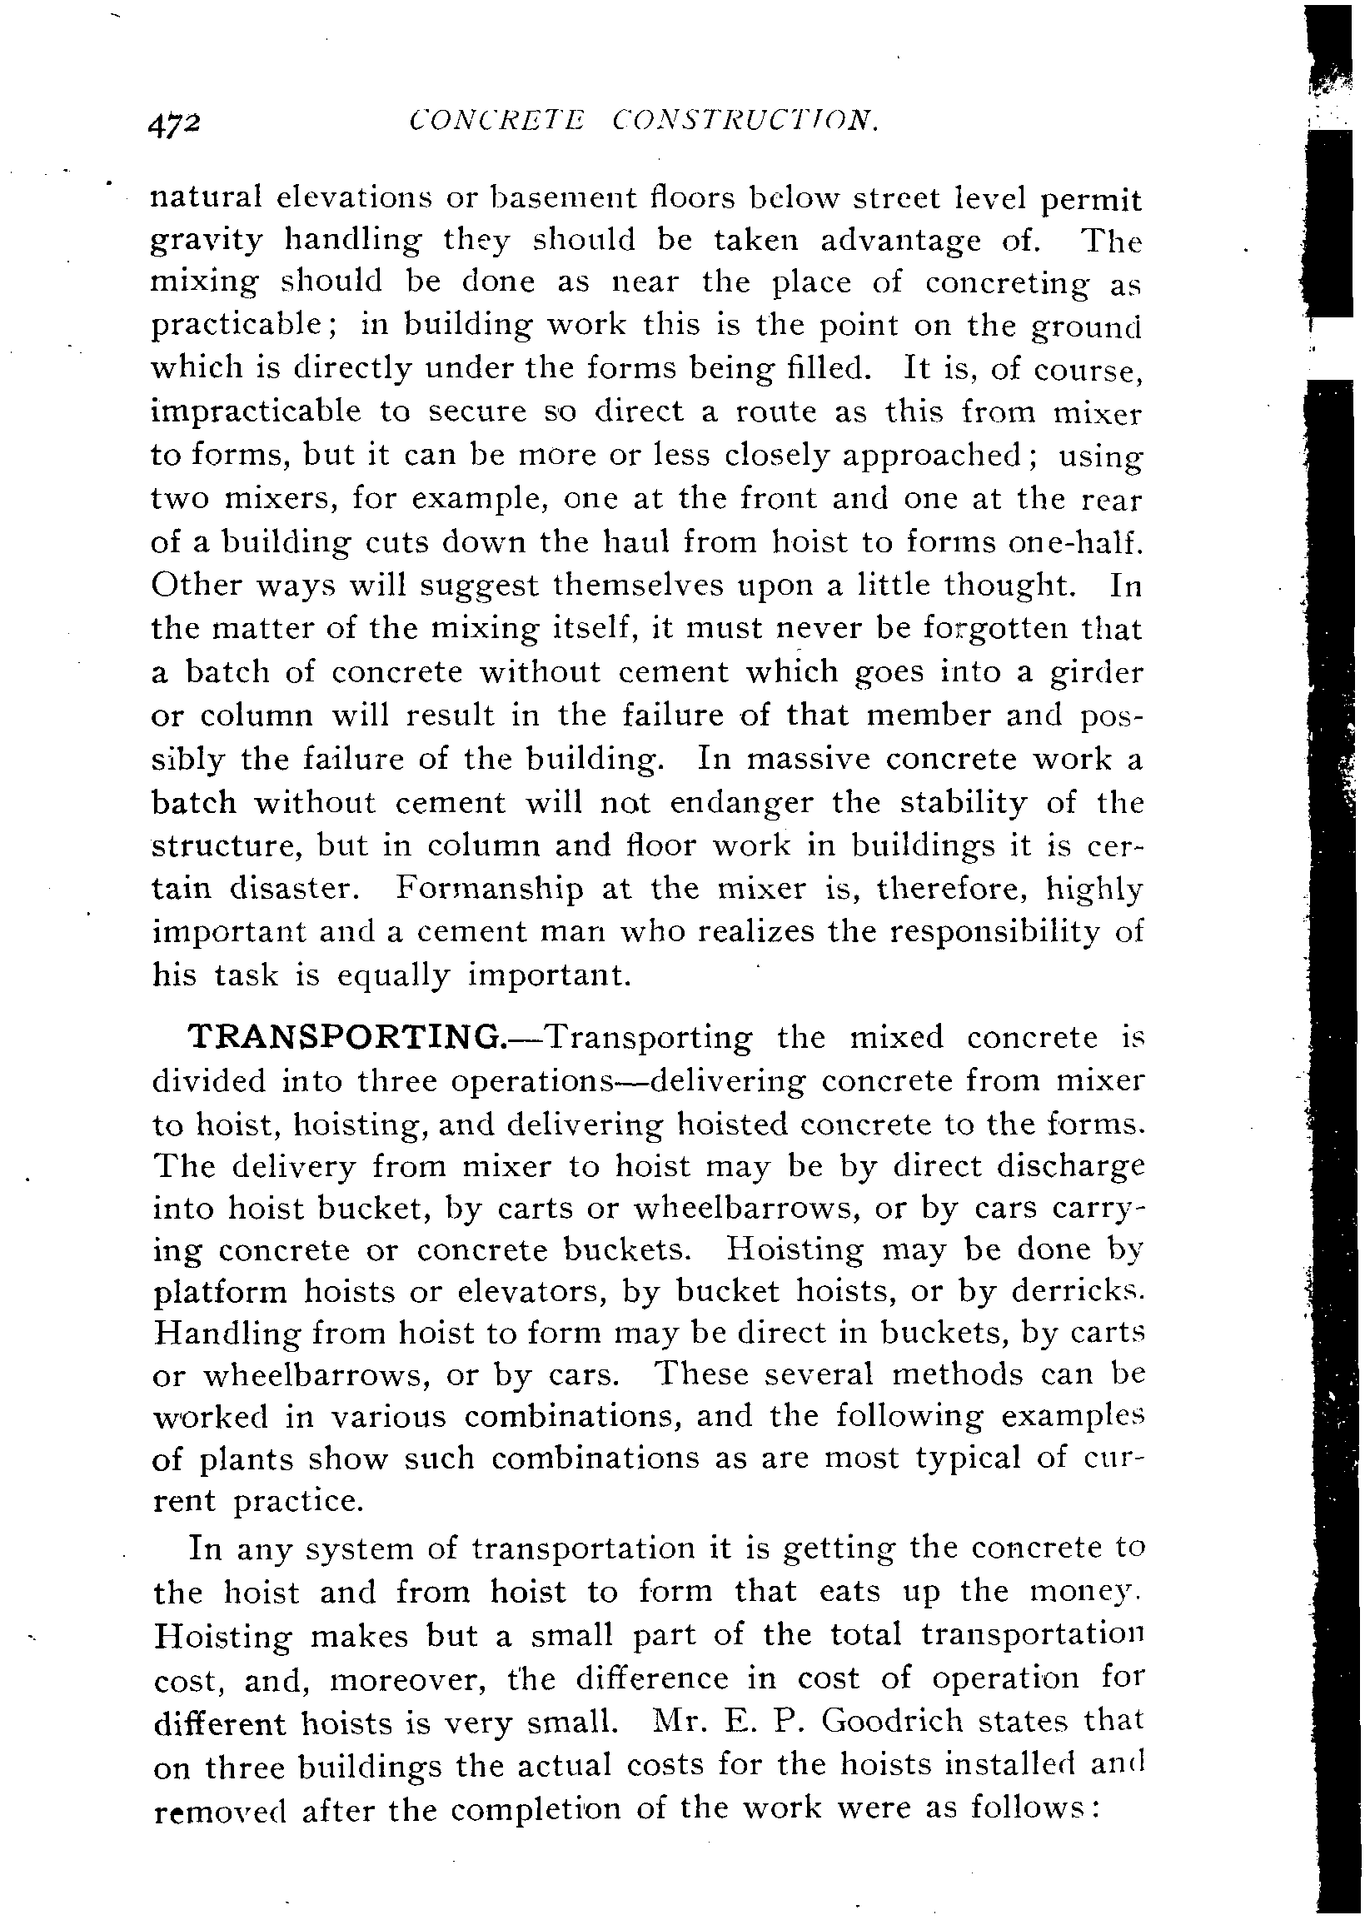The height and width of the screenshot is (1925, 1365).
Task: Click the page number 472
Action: (175, 125)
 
